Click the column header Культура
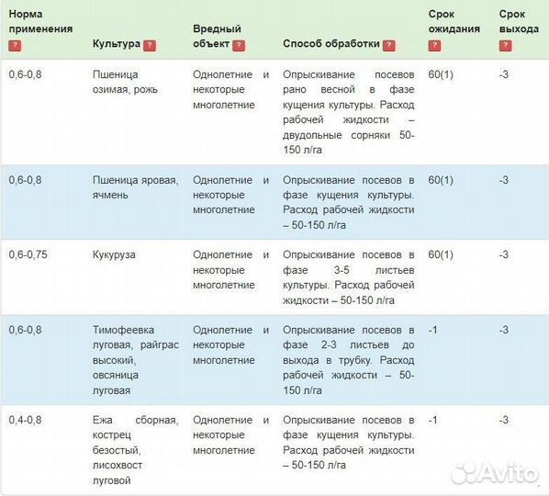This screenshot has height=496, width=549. [117, 43]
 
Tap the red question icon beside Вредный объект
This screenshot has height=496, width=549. [239, 44]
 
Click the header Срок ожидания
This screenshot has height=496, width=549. [454, 21]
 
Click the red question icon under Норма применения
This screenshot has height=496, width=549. [14, 44]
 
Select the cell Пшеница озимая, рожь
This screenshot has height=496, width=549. [126, 82]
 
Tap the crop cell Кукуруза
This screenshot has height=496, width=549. [114, 254]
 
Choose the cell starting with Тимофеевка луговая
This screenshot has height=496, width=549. [134, 359]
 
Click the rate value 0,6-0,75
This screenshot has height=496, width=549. [29, 254]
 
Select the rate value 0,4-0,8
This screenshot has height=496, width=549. [26, 420]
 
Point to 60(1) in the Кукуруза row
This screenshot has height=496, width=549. [441, 254]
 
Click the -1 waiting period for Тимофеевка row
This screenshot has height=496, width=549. [433, 330]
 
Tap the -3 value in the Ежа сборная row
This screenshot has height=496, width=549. [503, 420]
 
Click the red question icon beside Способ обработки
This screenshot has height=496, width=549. [388, 44]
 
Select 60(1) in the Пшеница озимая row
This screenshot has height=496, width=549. [441, 74]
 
